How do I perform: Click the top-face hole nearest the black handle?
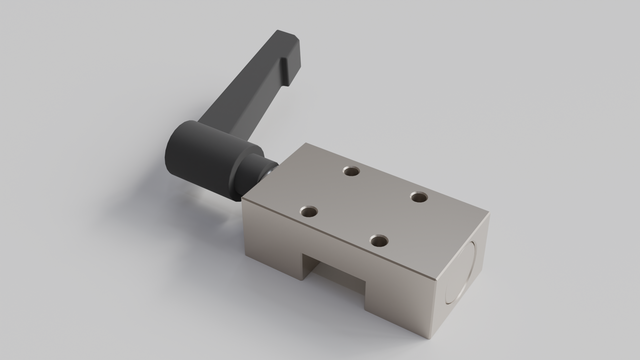(x=350, y=171)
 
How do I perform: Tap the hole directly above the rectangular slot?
(x=378, y=240)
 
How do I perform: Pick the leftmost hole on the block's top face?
(x=310, y=211)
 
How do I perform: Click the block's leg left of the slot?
(x=275, y=250)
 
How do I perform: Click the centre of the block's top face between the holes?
(x=365, y=206)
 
